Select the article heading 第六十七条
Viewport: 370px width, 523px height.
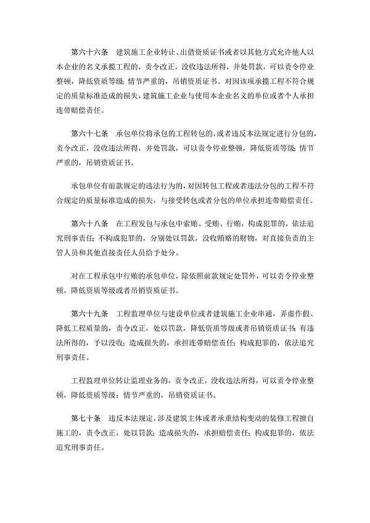coord(91,116)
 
